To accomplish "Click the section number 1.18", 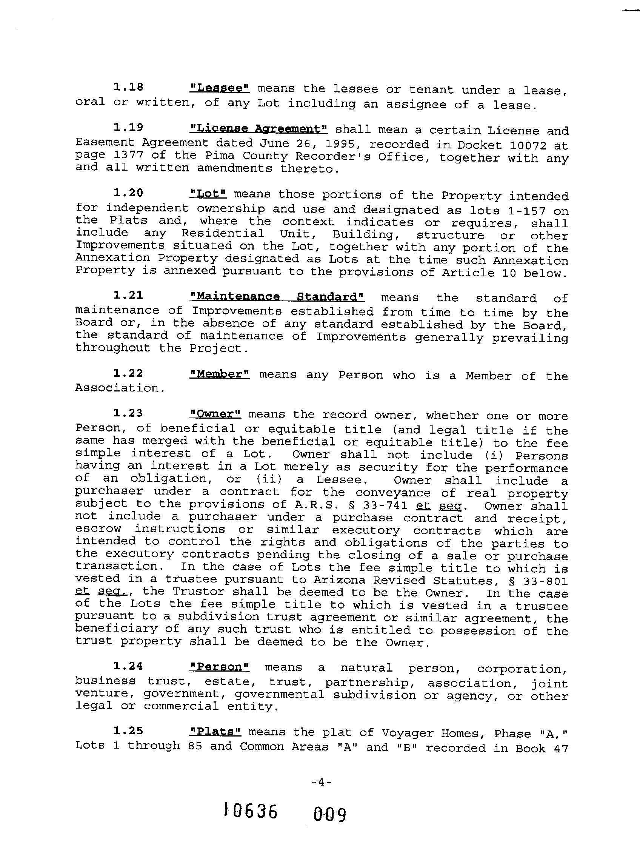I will click(128, 87).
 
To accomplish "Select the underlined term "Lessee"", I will click(220, 88).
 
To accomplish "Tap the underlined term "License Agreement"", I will click(258, 128).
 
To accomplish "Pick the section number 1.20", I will click(128, 193).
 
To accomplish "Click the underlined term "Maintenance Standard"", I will click(277, 297).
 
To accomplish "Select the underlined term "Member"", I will click(220, 374).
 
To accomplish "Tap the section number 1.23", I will click(128, 413).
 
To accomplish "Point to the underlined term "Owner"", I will click(215, 414).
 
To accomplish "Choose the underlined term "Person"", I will click(220, 667).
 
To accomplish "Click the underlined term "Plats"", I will click(215, 731).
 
